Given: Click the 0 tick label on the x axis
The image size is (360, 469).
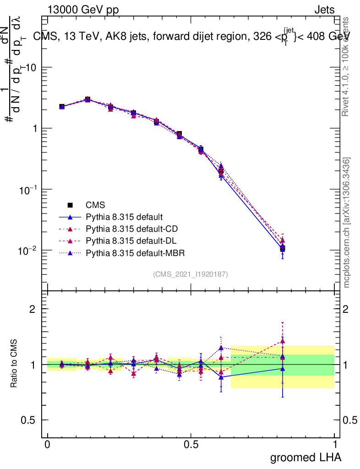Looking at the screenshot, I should pos(48,445).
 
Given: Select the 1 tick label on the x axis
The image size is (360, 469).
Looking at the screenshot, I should pos(334,445).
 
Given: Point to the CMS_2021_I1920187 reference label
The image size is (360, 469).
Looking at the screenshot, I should pos(191,274).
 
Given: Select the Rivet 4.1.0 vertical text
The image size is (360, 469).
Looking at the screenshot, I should pos(347,66).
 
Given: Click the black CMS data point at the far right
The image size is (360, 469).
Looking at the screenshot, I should pos(283,249).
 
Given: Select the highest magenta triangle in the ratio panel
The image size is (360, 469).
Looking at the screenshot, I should pos(283,341).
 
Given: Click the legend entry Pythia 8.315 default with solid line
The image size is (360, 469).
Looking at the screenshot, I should pos(124,217).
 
